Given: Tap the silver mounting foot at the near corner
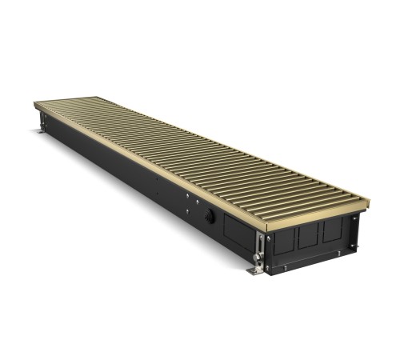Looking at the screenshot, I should pyautogui.click(x=255, y=270).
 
